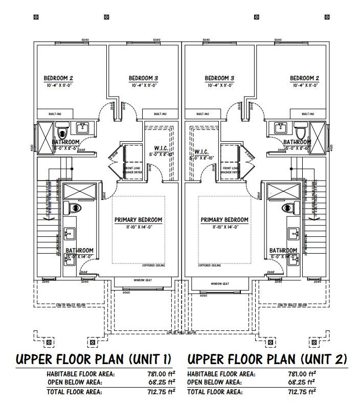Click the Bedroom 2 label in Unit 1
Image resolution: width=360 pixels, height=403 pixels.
pyautogui.click(x=58, y=78)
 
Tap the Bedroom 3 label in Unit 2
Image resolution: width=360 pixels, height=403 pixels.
pyautogui.click(x=219, y=78)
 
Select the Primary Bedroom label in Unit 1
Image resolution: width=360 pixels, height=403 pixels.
pyautogui.click(x=138, y=220)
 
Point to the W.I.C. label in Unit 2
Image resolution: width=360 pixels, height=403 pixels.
pyautogui.click(x=200, y=152)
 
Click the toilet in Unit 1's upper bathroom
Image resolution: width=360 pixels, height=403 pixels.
pyautogui.click(x=63, y=128)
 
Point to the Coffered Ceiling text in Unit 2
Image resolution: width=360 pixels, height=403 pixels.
pyautogui.click(x=210, y=265)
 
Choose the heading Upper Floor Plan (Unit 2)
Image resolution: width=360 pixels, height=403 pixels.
pyautogui.click(x=267, y=359)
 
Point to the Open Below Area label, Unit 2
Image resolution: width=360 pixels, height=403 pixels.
pyautogui.click(x=214, y=382)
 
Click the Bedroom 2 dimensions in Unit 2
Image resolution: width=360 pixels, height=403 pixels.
pyautogui.click(x=305, y=85)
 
